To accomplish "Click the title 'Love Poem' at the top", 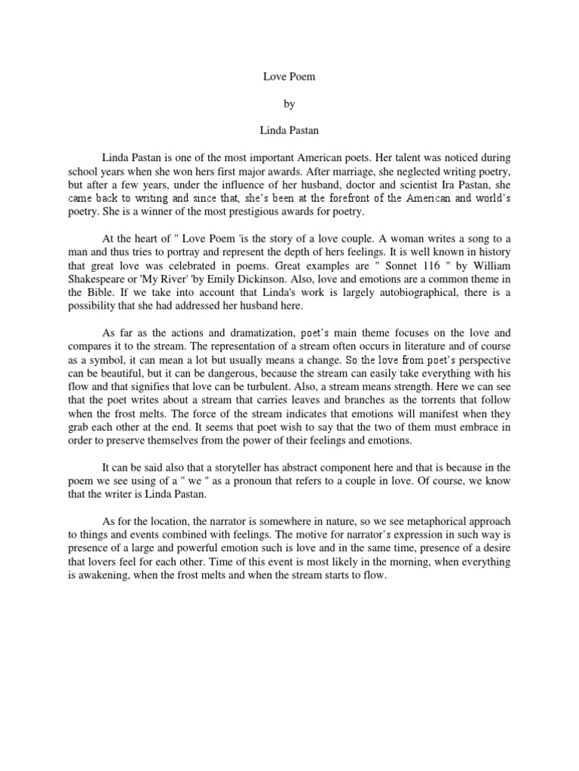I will coord(289,76).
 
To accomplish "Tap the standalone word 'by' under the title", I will coord(289,103).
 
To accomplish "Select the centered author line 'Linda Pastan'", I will coord(289,130).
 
